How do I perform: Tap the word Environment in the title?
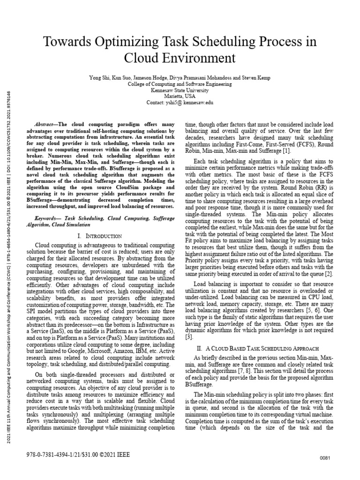click(x=196, y=59)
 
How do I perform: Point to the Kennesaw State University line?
click(x=180, y=90)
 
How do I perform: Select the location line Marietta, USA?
click(x=180, y=96)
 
